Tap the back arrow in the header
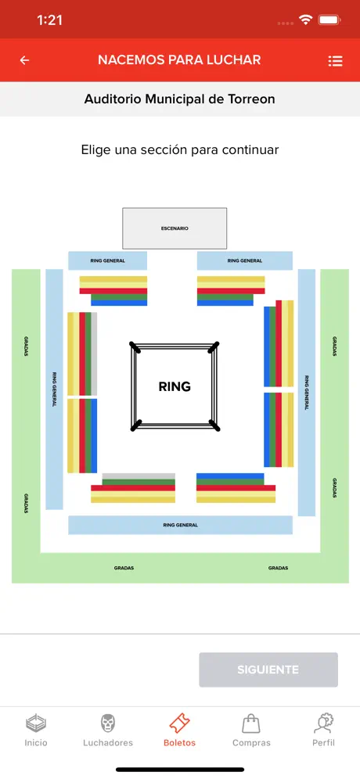(24, 60)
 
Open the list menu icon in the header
(335, 60)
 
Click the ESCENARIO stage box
(175, 228)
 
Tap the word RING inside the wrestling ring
(175, 386)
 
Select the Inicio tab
(36, 731)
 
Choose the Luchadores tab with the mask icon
(108, 731)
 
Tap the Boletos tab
(179, 731)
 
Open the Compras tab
(251, 731)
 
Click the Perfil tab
(323, 731)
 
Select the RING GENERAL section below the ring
(180, 525)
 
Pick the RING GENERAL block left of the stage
(107, 260)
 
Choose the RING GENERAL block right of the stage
(245, 260)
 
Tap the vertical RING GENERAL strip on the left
(54, 389)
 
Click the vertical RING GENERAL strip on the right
(307, 393)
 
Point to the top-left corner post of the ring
(135, 346)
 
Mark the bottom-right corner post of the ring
(214, 425)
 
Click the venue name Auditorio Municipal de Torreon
(179, 99)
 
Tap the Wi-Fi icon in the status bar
(304, 20)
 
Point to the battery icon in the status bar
(329, 20)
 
